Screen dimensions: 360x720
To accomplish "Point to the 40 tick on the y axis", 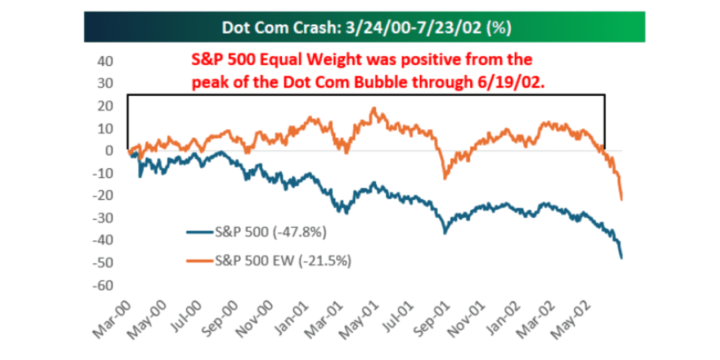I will (105, 61).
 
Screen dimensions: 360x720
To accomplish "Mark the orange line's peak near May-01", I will (374, 108).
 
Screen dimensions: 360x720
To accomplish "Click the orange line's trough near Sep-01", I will (445, 178).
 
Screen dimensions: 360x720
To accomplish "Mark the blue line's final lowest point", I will (622, 258).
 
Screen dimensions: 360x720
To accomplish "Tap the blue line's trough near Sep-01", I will (445, 232).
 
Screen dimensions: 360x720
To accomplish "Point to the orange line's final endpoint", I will (622, 199).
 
